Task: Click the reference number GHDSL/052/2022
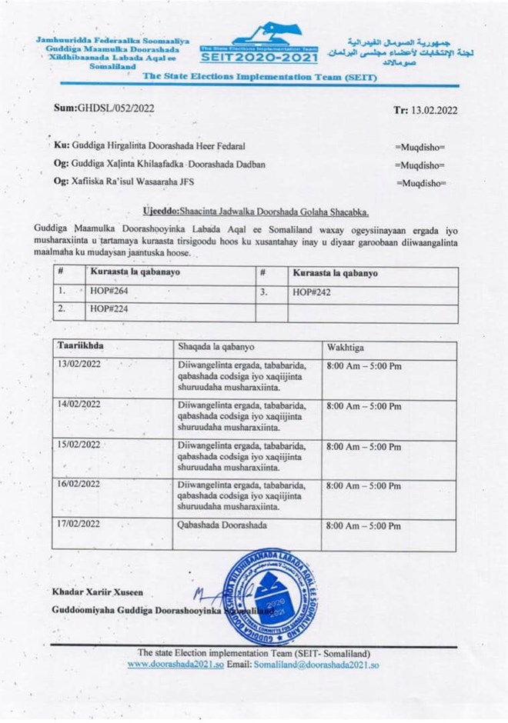[103, 108]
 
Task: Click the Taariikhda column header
[80, 346]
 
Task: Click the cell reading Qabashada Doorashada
[222, 525]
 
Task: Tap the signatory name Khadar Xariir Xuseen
[98, 592]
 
